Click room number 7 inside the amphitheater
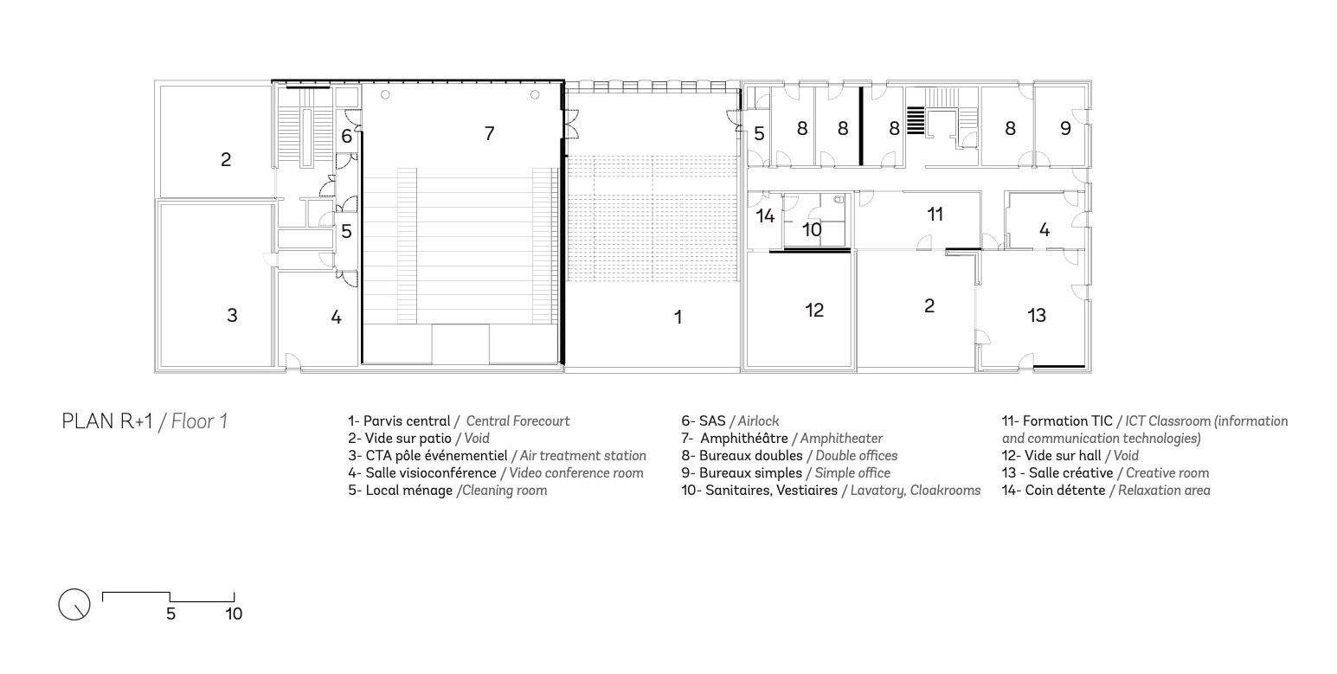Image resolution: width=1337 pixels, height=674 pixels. (490, 133)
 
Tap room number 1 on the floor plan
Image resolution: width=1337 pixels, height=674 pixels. (678, 317)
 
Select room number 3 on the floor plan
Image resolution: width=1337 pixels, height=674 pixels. (232, 315)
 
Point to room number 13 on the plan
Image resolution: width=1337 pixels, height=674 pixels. (1037, 315)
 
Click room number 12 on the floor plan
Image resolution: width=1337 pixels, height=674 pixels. (814, 310)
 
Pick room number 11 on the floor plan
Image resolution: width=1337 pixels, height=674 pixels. (935, 214)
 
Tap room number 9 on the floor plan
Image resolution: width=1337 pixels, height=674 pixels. (1065, 128)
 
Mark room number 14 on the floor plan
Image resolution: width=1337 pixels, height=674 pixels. (765, 215)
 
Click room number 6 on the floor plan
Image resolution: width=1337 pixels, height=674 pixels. (347, 136)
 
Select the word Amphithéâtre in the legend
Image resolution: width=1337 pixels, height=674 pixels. (743, 438)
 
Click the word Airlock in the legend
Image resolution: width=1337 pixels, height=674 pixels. (758, 420)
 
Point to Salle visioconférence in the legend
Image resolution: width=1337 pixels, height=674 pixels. (431, 472)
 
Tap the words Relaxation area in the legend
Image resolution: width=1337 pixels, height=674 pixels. (1164, 490)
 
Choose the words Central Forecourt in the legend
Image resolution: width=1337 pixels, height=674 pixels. (518, 420)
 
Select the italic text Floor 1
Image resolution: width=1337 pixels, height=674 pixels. (199, 421)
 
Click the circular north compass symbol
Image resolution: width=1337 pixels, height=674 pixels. (74, 604)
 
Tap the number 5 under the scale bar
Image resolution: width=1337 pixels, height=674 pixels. (170, 613)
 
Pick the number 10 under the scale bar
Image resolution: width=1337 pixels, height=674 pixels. (234, 613)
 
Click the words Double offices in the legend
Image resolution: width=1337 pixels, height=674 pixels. (857, 455)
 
